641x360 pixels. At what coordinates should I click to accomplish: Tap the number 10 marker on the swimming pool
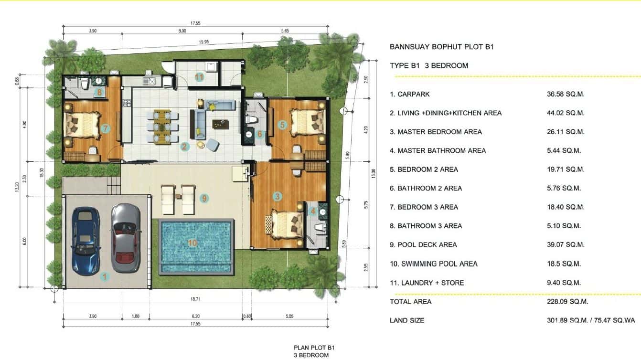192,243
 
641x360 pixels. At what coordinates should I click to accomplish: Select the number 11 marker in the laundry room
199,77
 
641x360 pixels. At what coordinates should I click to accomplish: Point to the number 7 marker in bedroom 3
106,128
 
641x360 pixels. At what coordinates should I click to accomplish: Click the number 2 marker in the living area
184,147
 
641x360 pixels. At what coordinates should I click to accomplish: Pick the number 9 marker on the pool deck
204,198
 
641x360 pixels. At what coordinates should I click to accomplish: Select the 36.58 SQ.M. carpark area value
566,94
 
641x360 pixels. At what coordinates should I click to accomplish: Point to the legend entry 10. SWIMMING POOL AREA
433,264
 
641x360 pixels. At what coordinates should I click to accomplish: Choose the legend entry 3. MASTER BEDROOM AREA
436,132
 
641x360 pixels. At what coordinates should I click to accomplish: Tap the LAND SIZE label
407,320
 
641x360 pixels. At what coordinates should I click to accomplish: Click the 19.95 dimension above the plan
203,42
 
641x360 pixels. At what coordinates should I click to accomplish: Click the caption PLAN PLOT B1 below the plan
311,348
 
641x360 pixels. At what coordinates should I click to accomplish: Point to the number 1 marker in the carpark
105,275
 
